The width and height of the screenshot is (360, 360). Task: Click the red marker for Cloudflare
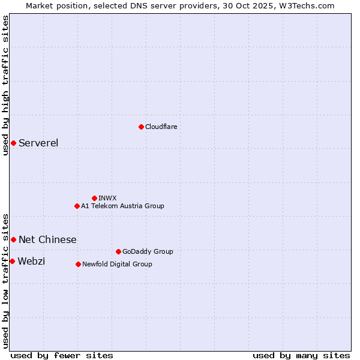pyautogui.click(x=141, y=127)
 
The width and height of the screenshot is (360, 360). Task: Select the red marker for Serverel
pyautogui.click(x=13, y=143)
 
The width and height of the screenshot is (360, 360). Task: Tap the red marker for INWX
pyautogui.click(x=94, y=198)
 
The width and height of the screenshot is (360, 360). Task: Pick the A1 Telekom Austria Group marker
pyautogui.click(x=77, y=206)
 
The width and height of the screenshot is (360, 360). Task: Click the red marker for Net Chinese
pyautogui.click(x=13, y=239)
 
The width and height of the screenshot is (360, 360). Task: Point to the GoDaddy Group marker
pyautogui.click(x=118, y=251)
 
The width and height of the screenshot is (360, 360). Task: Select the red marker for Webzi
pyautogui.click(x=12, y=261)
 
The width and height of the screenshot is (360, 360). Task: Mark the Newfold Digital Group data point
pyautogui.click(x=78, y=264)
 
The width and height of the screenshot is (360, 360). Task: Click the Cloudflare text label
pyautogui.click(x=161, y=127)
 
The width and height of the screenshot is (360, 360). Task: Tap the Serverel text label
pyautogui.click(x=38, y=143)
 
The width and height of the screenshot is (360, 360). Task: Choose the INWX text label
pyautogui.click(x=107, y=198)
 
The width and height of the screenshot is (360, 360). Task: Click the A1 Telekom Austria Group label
pyautogui.click(x=122, y=206)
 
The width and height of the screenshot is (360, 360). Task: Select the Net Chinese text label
pyautogui.click(x=47, y=239)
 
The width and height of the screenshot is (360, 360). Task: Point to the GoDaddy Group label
pyautogui.click(x=148, y=251)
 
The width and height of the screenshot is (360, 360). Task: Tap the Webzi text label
pyautogui.click(x=31, y=261)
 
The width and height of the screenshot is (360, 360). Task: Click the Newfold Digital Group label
pyautogui.click(x=117, y=264)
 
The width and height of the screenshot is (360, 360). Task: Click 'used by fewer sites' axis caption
pyautogui.click(x=62, y=355)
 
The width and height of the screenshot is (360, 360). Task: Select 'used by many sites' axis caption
pyautogui.click(x=301, y=355)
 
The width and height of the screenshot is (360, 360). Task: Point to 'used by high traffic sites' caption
pyautogui.click(x=5, y=85)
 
